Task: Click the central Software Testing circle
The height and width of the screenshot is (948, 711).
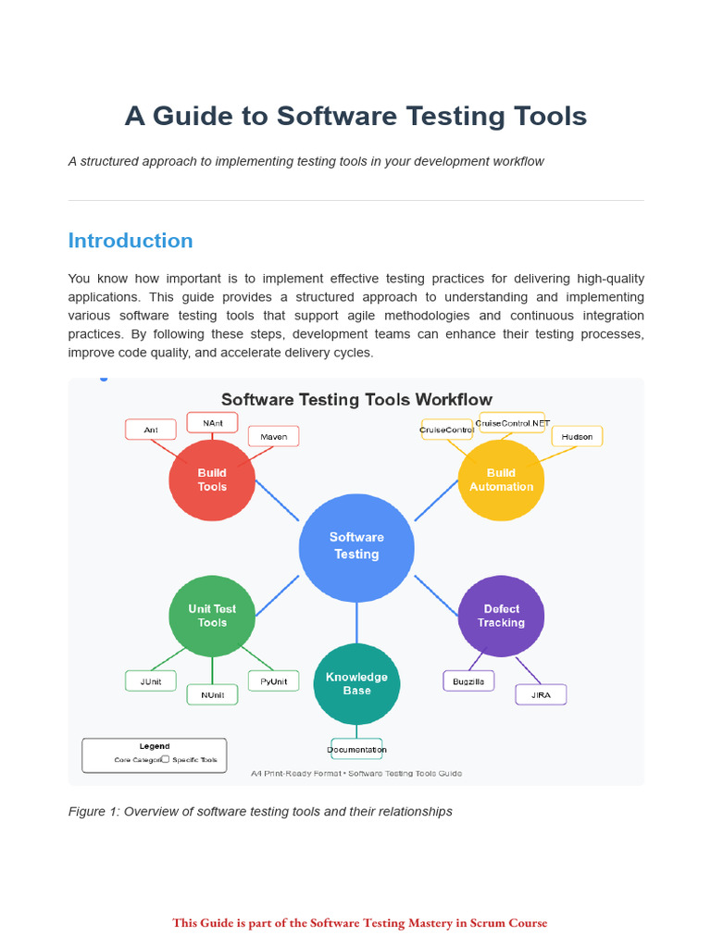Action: [356, 546]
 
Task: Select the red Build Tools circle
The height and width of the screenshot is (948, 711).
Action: [212, 480]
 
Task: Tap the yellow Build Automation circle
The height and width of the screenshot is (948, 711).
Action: [501, 480]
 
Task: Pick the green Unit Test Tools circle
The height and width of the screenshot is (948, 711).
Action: [212, 616]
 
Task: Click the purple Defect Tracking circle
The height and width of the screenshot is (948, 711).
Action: [501, 616]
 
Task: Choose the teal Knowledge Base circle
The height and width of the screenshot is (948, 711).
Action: [356, 683]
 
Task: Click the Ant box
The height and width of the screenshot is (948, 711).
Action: [151, 430]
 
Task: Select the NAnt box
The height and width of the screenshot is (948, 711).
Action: [212, 422]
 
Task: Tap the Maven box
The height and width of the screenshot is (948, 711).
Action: [273, 436]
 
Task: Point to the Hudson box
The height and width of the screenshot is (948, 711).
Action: [577, 436]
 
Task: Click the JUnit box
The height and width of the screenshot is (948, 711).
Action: [151, 681]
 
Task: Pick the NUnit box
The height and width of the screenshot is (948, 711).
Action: [212, 695]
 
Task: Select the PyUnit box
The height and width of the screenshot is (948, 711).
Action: [273, 681]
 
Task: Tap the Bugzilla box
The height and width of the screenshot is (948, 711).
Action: [468, 681]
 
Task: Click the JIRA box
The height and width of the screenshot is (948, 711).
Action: [541, 694]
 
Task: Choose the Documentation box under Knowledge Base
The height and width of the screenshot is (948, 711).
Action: [356, 749]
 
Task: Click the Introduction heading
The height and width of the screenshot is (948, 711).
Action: [131, 241]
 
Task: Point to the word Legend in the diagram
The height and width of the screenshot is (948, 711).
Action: [155, 746]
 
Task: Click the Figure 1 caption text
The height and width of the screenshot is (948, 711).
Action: [260, 811]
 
